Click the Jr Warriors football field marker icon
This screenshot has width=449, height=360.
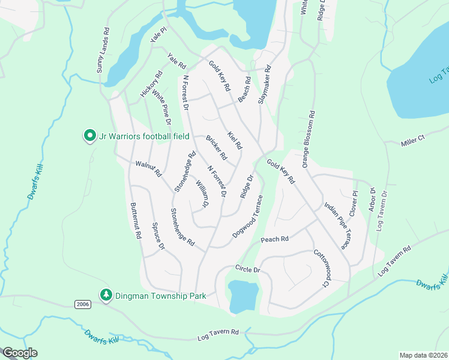(89, 136)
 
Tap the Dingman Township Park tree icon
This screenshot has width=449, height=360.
(106, 295)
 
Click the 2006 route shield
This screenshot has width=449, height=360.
(83, 305)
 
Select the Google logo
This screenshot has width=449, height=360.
(20, 352)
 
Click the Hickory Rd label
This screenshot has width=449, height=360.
(151, 85)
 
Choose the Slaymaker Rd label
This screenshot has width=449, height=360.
(264, 85)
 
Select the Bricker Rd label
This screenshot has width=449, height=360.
(216, 148)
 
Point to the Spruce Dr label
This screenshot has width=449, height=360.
(158, 237)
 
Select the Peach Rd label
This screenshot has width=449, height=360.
(275, 239)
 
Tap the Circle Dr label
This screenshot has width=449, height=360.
(247, 269)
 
